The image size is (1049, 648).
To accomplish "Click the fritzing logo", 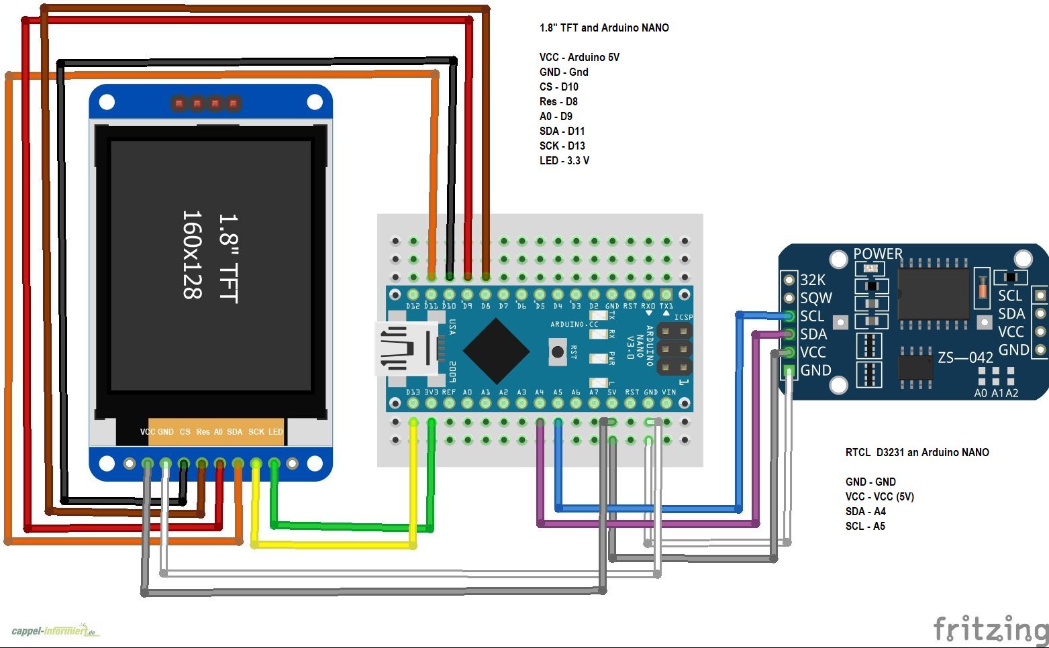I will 990,629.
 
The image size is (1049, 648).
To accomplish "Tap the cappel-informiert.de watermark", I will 55,631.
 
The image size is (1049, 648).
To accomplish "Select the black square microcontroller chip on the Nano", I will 496,351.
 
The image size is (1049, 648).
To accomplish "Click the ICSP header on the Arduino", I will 674,349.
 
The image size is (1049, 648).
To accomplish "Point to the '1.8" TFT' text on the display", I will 228,259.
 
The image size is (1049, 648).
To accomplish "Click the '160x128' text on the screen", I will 193,255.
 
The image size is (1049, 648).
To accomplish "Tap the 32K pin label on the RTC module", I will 813,280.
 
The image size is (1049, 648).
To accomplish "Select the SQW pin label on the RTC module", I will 815,298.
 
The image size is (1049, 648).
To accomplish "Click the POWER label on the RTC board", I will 877,254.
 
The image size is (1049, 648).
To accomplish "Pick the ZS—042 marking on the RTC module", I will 965,358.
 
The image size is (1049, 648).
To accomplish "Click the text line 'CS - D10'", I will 558,87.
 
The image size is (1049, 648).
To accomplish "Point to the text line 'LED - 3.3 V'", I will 564,160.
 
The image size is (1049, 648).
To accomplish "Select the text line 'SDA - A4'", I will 865,511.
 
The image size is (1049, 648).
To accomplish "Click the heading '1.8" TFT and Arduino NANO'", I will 604,28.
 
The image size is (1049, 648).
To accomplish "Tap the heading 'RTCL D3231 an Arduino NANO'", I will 917,452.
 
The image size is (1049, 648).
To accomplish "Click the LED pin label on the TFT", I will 276,432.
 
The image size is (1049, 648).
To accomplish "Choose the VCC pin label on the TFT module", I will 147,432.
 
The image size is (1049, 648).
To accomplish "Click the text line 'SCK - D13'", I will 562,146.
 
